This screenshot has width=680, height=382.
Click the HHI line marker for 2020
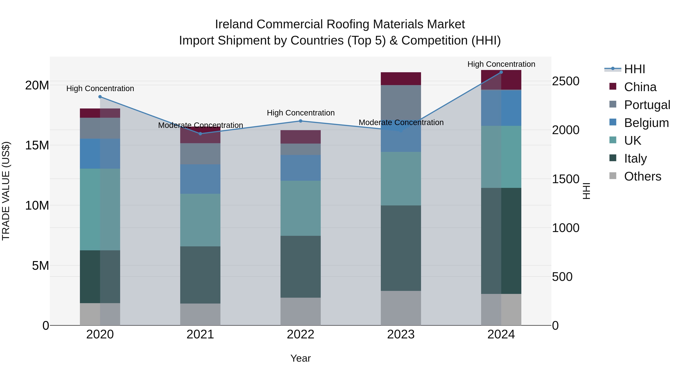click(x=100, y=97)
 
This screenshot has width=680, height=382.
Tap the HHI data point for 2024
click(x=501, y=72)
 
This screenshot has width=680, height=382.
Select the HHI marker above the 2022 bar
click(x=300, y=121)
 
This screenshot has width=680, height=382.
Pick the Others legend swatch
click(x=613, y=176)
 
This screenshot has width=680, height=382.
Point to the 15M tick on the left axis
click(x=37, y=145)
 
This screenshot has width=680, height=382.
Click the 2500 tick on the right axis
click(x=565, y=81)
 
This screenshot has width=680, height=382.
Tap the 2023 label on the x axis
click(x=401, y=334)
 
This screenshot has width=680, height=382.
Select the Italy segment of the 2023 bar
click(x=401, y=248)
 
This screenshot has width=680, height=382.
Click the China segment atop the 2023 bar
click(x=401, y=78)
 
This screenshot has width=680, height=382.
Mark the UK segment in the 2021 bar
click(x=200, y=220)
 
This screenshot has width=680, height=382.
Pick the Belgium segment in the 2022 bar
click(x=300, y=168)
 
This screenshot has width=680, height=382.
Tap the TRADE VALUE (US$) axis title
click(x=6, y=191)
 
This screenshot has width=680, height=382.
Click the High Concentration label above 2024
click(x=501, y=64)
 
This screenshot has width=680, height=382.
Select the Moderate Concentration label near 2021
click(x=200, y=125)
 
